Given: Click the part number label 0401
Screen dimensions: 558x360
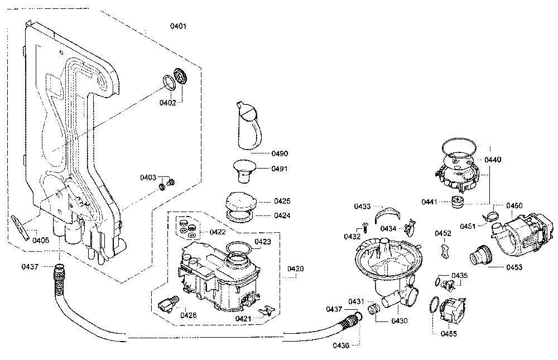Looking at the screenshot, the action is (x=178, y=26).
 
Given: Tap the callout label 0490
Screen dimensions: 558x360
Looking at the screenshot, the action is (x=280, y=153).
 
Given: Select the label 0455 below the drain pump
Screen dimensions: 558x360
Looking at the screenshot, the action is (x=449, y=334).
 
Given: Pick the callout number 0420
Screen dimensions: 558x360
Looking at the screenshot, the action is (x=295, y=268).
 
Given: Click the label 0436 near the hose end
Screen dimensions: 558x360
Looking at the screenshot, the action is (x=341, y=345).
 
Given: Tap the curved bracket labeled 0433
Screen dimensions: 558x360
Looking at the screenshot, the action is (x=387, y=215).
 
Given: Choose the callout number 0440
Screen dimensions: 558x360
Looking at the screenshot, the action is (x=493, y=160).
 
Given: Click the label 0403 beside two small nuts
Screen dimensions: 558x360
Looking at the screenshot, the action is (x=148, y=177).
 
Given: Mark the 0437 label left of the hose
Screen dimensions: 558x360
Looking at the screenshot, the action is (x=30, y=266).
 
